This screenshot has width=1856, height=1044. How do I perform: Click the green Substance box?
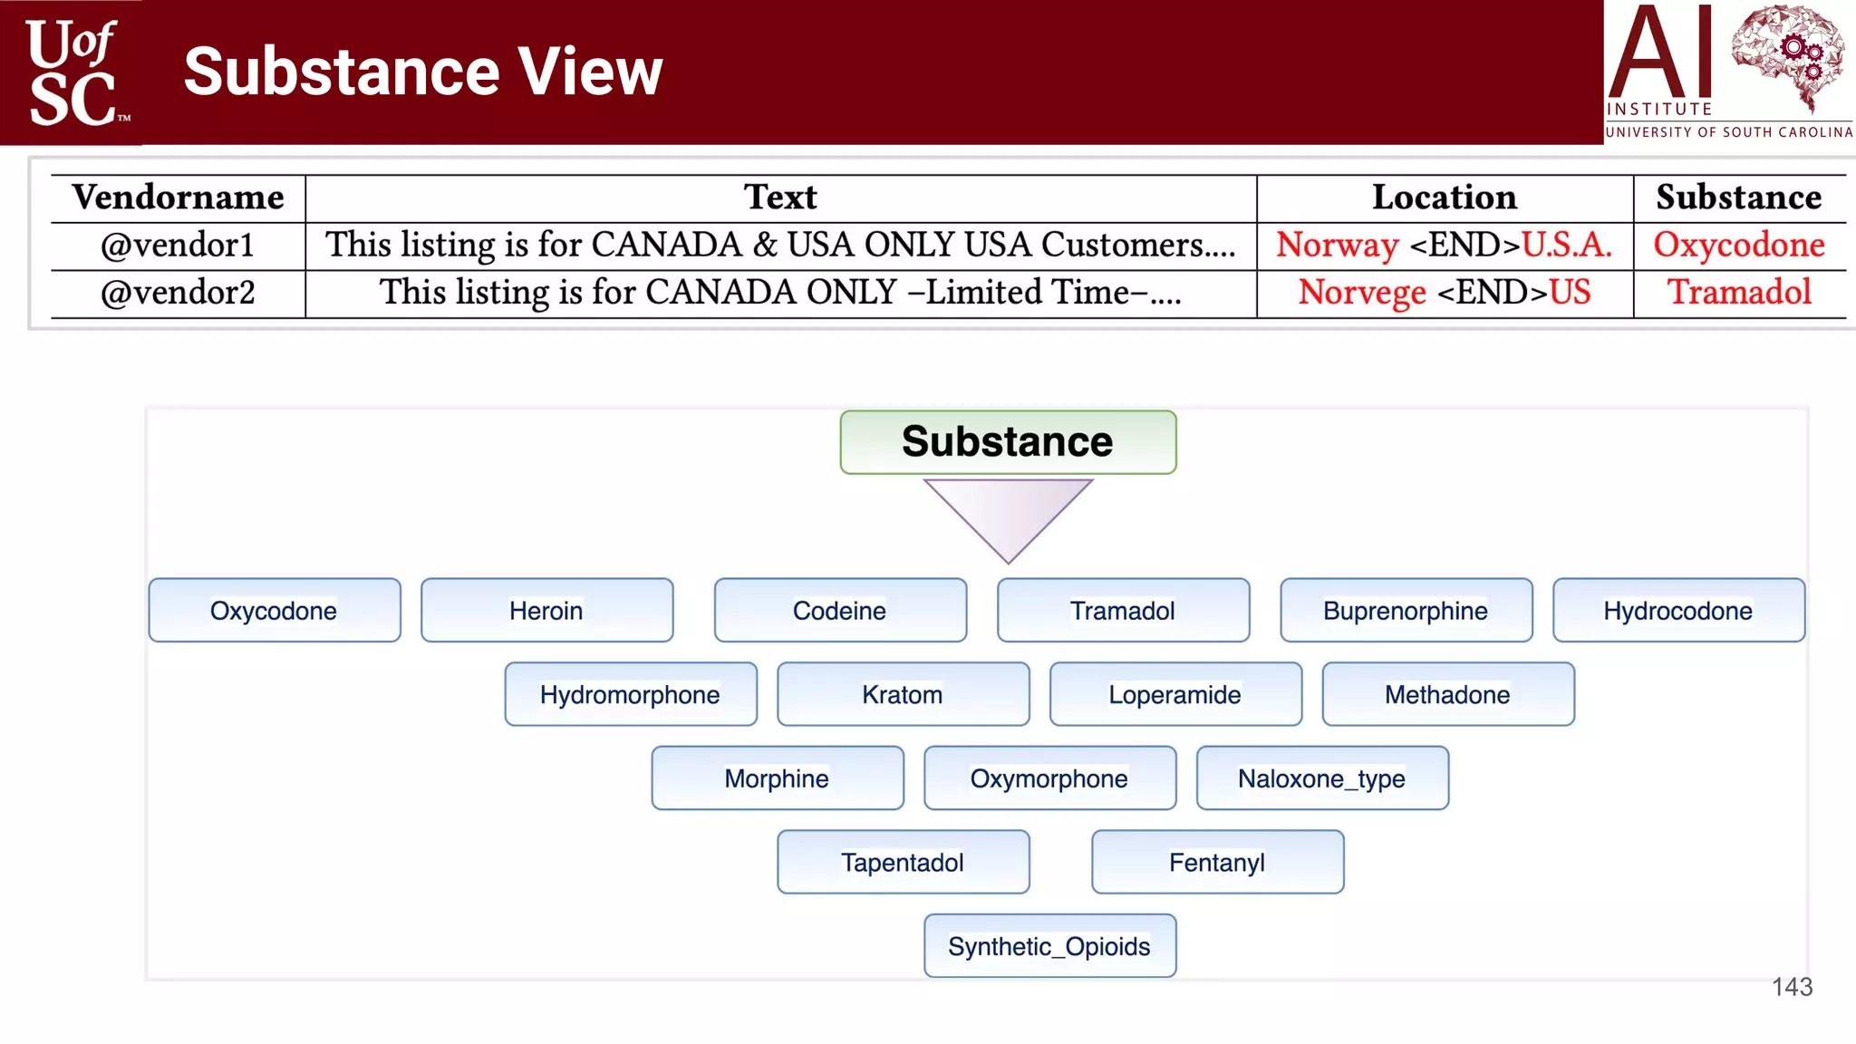tap(1008, 442)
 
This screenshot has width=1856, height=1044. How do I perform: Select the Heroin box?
tap(546, 611)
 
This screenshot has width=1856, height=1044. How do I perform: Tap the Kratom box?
tap(903, 695)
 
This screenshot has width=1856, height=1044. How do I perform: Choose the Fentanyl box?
tap(1217, 863)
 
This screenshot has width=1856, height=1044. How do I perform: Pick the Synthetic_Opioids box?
tap(1049, 946)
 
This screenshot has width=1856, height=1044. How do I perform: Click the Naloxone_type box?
tap(1322, 778)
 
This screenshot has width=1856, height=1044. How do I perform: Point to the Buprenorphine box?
tap(1406, 611)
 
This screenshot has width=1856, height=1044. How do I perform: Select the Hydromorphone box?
tap(630, 695)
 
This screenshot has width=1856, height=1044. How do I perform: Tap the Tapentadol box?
tap(903, 863)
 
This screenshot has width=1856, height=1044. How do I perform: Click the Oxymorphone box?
tap(1049, 778)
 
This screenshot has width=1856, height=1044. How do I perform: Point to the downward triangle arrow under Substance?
tap(1008, 514)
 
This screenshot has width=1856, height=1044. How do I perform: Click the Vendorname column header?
tap(178, 198)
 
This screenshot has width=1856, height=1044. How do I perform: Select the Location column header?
tap(1444, 198)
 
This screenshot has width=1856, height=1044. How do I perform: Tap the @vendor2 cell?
tap(178, 293)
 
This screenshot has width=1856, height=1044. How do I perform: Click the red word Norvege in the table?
tap(1362, 293)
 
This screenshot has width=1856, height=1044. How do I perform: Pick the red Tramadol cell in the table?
tap(1739, 293)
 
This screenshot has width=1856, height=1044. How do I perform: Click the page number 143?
tap(1792, 987)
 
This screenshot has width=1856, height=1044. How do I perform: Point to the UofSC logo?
tap(72, 72)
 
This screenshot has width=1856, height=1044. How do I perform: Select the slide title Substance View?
tap(423, 72)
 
